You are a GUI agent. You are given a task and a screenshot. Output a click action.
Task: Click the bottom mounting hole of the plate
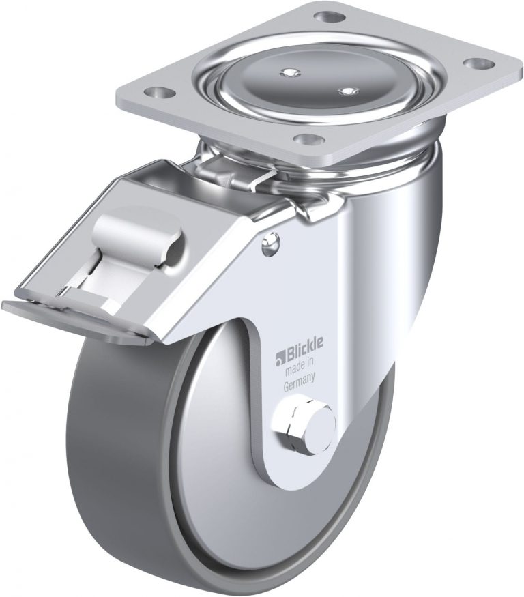(310, 139)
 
